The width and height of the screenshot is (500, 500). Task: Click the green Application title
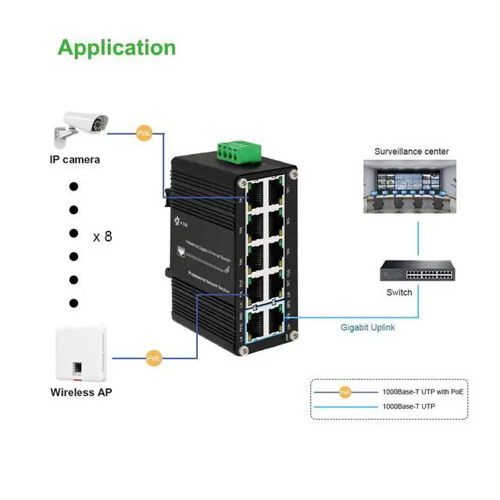[x=116, y=48]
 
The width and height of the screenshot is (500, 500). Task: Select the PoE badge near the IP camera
[x=144, y=134]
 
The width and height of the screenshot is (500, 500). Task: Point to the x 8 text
[x=102, y=235]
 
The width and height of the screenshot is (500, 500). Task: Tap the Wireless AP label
[x=81, y=392]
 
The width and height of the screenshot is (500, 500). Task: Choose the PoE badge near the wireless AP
[x=155, y=359]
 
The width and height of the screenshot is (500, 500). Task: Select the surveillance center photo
[x=412, y=187]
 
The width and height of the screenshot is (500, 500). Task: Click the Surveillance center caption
[x=412, y=152]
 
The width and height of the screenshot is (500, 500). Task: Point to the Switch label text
[x=399, y=293]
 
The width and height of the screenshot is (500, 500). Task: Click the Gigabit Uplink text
[x=368, y=327]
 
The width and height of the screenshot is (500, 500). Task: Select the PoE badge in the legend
[x=345, y=392]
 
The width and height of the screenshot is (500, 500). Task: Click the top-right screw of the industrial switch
[x=294, y=174]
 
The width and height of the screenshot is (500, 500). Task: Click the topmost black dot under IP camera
[x=74, y=187]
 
